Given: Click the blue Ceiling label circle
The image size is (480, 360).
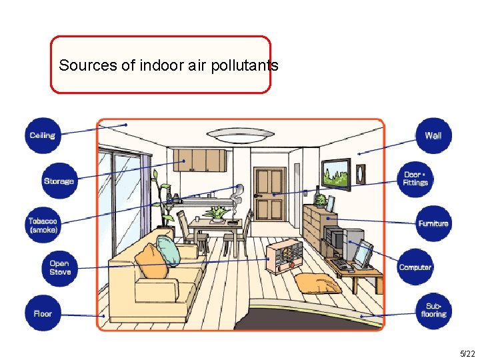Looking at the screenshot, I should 43,135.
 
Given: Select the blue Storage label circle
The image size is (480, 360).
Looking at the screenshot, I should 59,181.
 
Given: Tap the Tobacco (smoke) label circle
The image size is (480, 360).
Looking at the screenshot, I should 43,225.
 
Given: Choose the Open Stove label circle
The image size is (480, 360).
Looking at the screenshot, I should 59,267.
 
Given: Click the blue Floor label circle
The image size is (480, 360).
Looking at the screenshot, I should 43,313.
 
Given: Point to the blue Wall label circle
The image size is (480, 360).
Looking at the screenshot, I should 433,135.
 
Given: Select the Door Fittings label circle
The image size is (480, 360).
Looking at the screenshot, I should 415,179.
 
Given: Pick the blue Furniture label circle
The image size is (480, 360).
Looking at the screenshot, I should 433,223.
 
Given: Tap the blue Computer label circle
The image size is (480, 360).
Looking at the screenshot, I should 415,267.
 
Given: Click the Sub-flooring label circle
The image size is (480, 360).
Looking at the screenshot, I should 433,310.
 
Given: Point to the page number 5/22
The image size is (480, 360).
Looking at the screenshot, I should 467,353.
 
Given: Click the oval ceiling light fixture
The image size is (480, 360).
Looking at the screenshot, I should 241,135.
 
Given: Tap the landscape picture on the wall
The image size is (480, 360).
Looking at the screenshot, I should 335,174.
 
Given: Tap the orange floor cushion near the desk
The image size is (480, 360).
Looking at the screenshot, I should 318,283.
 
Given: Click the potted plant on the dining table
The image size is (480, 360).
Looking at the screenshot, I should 217,213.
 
